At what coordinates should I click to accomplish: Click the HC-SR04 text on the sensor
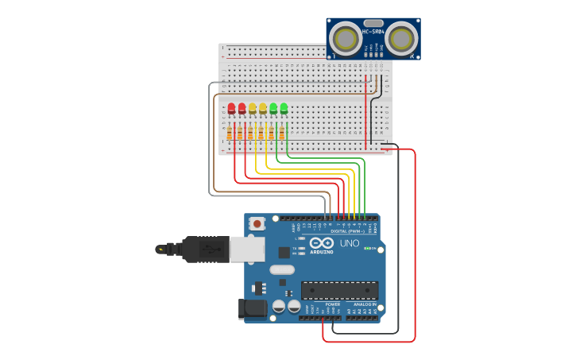coord(373,32)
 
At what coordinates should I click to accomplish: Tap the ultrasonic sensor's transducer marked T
coord(345,37)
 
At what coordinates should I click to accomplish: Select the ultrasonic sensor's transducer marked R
coord(402,37)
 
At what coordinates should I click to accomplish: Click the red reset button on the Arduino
coord(257,224)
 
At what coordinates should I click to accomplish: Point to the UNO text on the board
coord(350,243)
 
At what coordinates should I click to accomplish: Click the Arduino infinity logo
coord(322,243)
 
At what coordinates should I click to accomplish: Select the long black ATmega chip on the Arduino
coord(339,290)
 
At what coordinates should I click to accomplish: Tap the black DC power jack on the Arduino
coord(253,308)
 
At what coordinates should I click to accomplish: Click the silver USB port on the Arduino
coord(247,250)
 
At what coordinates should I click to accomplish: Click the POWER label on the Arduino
coord(333,304)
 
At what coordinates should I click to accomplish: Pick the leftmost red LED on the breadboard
coord(231,108)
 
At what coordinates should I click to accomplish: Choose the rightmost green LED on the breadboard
coord(284,107)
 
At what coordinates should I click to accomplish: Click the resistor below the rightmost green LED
coord(281,133)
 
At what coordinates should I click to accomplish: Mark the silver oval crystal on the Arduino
coord(282,269)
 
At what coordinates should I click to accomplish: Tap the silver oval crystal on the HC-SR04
coord(373,23)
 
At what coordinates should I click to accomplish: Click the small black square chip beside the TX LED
coord(284,253)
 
